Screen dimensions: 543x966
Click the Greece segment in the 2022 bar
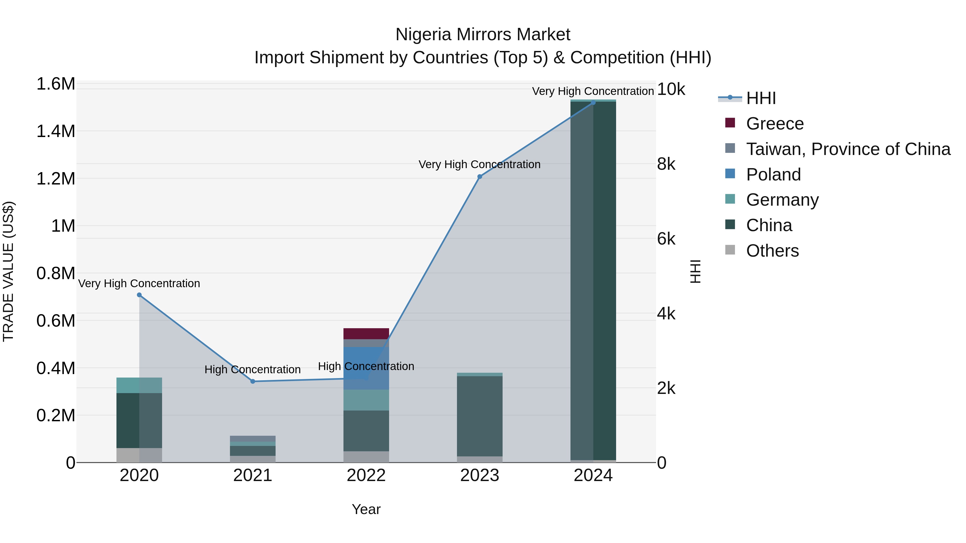(x=366, y=334)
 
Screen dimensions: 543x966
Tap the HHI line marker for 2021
(x=253, y=382)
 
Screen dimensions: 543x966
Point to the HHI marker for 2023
(x=480, y=176)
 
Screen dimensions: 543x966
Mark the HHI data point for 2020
(x=139, y=295)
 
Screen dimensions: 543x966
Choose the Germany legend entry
(x=782, y=200)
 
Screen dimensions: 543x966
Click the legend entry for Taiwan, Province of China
(x=847, y=149)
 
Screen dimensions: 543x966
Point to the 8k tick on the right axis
(x=666, y=164)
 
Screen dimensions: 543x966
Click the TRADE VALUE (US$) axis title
(x=8, y=271)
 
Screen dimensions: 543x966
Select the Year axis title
(x=366, y=509)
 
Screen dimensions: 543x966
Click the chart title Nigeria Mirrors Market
(x=483, y=35)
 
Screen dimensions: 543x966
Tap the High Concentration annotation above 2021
(x=253, y=370)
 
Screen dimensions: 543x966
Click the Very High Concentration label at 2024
(x=592, y=91)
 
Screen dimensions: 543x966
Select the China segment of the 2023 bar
(x=480, y=416)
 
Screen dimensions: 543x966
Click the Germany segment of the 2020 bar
(x=139, y=385)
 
